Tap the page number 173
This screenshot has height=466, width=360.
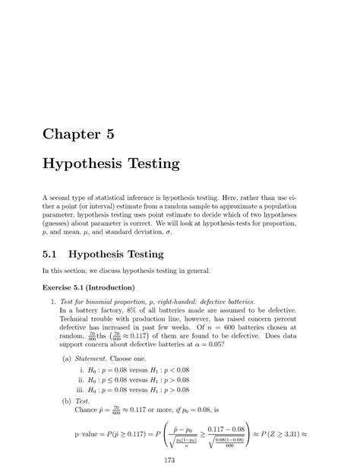tap(180, 459)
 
